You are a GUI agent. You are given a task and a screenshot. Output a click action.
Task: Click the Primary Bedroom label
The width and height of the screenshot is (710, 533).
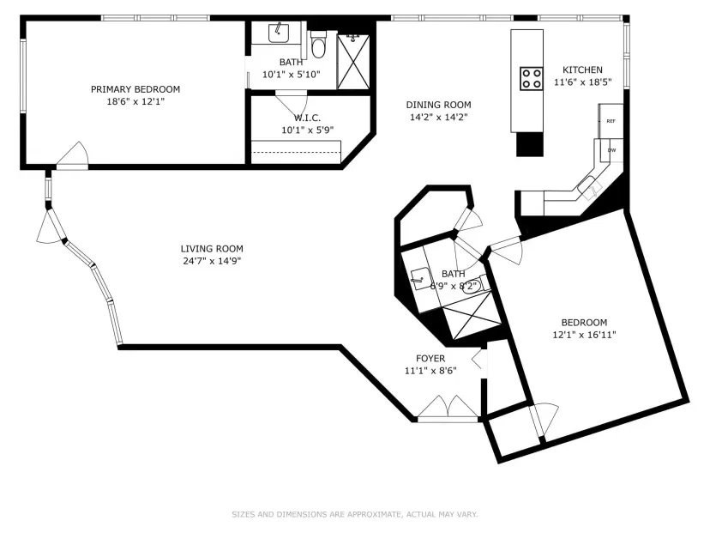[x=135, y=89]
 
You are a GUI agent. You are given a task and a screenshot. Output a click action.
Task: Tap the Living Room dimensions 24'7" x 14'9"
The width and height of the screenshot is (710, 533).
[x=212, y=261]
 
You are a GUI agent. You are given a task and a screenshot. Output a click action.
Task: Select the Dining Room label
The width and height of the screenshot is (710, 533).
[x=438, y=105]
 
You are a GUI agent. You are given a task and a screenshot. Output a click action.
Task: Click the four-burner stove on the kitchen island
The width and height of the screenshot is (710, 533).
[x=531, y=78]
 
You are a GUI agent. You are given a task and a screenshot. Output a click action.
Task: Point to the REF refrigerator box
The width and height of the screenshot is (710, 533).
[x=611, y=121]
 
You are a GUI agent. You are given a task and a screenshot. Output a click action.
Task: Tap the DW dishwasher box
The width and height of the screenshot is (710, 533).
[x=611, y=150]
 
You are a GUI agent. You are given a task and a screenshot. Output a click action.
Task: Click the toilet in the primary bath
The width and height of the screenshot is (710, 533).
[x=318, y=45]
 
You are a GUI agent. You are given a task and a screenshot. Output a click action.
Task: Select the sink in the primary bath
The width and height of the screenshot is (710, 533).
[x=279, y=33]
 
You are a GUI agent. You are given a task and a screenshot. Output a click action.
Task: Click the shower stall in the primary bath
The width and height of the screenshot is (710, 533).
[x=353, y=62]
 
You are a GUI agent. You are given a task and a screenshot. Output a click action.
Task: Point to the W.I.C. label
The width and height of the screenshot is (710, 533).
[x=308, y=118]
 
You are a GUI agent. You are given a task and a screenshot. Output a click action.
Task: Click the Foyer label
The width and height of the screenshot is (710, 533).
[x=430, y=359]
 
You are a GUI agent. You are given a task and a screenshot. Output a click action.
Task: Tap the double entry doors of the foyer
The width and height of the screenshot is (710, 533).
[x=448, y=407]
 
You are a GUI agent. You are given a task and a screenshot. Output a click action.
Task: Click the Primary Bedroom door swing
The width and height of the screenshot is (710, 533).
[x=72, y=154]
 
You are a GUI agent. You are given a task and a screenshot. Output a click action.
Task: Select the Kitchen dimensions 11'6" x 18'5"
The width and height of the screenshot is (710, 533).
[x=583, y=82]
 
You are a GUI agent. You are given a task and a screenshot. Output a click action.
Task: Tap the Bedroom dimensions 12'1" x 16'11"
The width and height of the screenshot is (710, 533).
[x=584, y=335]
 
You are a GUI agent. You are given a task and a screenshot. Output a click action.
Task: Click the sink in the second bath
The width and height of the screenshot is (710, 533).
[x=420, y=278]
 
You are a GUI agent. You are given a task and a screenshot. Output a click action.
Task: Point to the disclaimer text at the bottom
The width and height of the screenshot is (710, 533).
[x=355, y=514]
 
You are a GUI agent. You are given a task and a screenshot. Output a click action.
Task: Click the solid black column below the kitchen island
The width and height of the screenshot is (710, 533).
[x=530, y=144]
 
